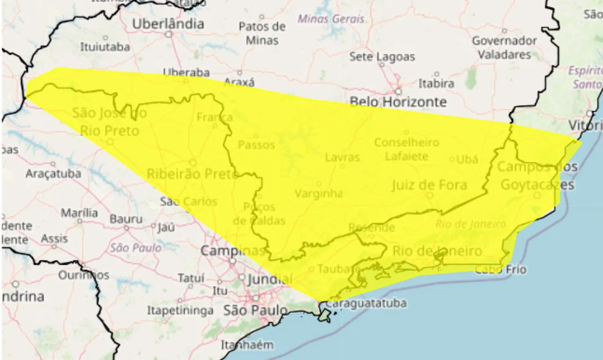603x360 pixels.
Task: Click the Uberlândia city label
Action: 168,24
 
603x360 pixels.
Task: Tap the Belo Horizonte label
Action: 398,102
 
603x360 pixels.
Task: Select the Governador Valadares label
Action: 505,48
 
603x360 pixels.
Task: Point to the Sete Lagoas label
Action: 382,57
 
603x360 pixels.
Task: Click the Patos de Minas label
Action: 262,33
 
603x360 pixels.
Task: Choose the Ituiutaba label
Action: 105,47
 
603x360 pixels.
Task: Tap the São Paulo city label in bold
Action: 255,311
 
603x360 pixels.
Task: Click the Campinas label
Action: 233,251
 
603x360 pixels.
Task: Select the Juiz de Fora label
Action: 429,185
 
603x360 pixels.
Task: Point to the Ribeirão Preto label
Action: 193,174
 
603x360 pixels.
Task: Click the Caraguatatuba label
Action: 367,303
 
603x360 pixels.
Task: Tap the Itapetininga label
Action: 180,311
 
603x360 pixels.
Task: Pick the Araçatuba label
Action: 53,173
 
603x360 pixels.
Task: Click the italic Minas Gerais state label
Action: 331,19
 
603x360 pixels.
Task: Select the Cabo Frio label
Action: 500,270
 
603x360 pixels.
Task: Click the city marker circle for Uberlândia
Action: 168,34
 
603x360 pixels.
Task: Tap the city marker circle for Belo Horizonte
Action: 398,91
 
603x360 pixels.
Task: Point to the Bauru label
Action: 126,219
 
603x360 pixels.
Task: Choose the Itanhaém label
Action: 247,345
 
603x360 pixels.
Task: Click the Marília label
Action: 79,213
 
